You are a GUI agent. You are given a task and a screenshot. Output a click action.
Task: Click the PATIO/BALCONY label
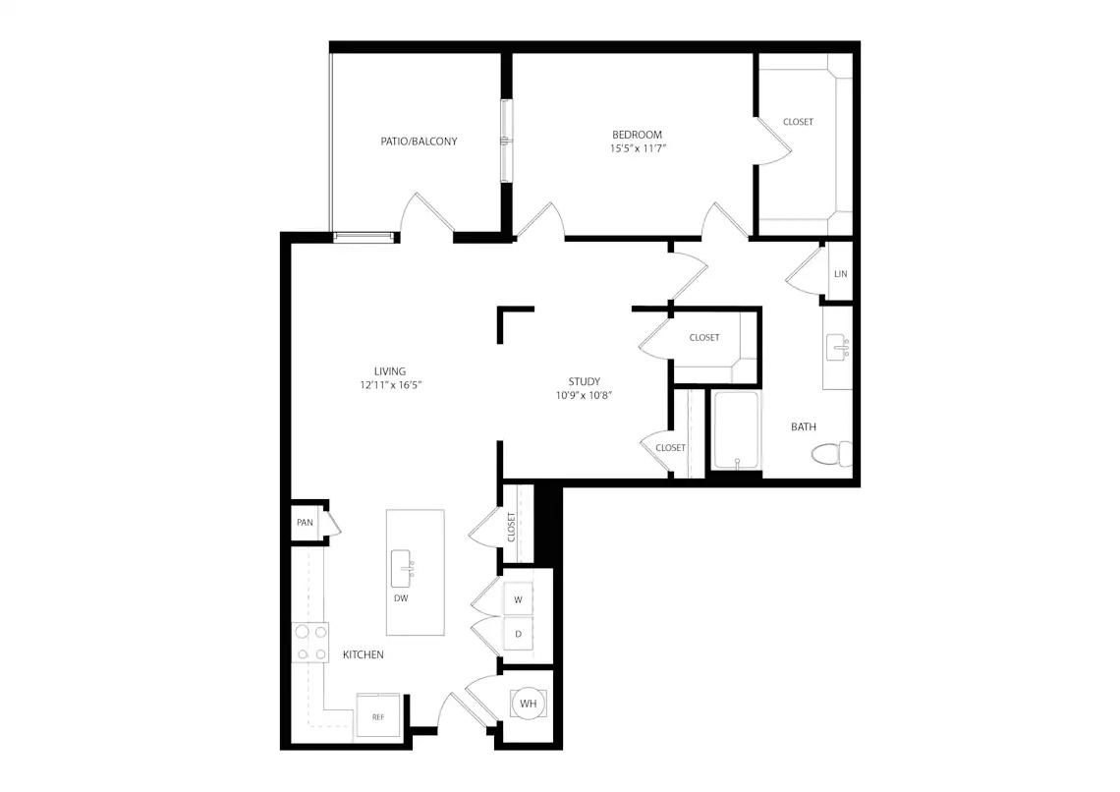tap(419, 141)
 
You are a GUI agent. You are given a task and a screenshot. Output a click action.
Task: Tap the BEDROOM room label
tap(638, 135)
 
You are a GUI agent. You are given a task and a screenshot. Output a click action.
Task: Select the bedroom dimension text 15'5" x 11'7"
tap(638, 148)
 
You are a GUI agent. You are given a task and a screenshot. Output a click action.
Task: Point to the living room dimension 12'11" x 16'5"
tap(390, 385)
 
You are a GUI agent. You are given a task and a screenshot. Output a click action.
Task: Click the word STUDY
tap(585, 381)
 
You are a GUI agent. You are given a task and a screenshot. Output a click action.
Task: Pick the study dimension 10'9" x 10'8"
tap(585, 395)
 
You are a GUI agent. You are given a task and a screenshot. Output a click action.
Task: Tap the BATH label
tap(804, 427)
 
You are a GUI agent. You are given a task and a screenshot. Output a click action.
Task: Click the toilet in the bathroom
tap(832, 454)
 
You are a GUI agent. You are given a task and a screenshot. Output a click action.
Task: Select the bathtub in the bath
tap(736, 430)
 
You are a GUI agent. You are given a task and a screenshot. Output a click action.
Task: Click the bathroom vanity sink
tap(837, 348)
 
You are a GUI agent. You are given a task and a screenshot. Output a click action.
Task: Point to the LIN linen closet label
tap(841, 273)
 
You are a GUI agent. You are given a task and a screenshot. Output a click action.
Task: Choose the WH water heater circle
tap(528, 704)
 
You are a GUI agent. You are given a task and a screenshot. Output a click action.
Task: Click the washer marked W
tap(519, 599)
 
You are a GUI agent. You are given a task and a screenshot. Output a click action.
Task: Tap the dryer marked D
tap(519, 634)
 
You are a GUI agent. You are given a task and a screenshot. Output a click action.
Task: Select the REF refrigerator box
tap(378, 717)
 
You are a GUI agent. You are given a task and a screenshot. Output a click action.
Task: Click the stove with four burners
tap(310, 643)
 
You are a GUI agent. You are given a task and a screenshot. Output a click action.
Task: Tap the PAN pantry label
tap(305, 523)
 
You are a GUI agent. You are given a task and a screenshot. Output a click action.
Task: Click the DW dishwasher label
tap(401, 598)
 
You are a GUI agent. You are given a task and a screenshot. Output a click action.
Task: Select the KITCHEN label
tap(364, 654)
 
